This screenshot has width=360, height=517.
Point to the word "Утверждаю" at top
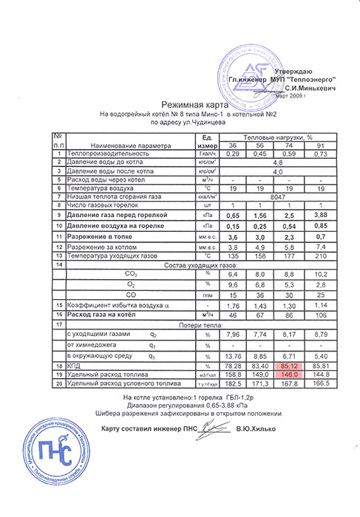[x=304, y=69]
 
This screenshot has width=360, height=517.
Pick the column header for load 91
[x=321, y=145]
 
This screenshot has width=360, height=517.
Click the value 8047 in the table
[x=278, y=197]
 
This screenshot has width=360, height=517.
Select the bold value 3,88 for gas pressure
[x=321, y=213]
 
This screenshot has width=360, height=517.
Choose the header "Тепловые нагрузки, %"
[x=278, y=137]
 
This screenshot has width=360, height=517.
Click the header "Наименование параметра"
[x=129, y=145]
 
